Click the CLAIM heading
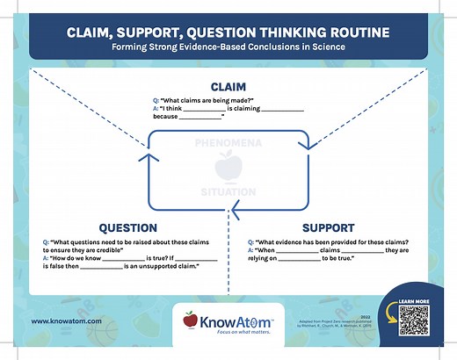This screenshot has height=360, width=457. tap(228, 87)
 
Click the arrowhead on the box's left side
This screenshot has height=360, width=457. tap(149, 157)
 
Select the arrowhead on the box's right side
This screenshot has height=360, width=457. tap(308, 157)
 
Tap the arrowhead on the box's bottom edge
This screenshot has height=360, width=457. tap(234, 209)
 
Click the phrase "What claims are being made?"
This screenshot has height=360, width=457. tap(203, 102)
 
